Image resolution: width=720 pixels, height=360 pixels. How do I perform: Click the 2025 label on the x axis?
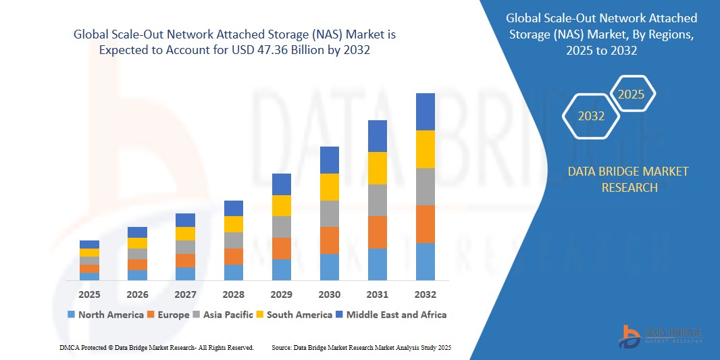point(89,294)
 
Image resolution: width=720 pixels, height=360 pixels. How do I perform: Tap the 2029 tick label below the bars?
point(282,294)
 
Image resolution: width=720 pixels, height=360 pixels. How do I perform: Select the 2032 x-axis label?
point(426,294)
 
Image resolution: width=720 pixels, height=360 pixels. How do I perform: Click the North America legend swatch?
point(71,315)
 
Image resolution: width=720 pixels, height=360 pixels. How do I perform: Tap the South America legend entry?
point(294,315)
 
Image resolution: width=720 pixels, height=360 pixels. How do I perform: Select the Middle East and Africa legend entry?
point(392,315)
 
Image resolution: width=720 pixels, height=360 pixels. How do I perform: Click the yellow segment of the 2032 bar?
point(426,149)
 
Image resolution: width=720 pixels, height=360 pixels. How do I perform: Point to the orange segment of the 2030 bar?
point(330,240)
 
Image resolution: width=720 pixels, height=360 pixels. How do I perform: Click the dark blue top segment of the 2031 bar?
point(378,136)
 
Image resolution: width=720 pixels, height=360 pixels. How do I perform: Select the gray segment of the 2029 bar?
point(282,227)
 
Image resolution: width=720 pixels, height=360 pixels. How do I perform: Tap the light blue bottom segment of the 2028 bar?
point(234,272)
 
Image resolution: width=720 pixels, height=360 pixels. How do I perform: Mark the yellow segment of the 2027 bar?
point(186,234)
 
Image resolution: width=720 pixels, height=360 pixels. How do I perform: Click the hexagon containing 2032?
point(591,116)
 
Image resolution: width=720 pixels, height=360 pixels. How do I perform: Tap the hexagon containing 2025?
point(632,95)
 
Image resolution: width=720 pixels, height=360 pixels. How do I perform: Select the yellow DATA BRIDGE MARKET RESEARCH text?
point(629,180)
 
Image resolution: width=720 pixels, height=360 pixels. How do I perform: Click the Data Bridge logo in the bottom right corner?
point(661,335)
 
